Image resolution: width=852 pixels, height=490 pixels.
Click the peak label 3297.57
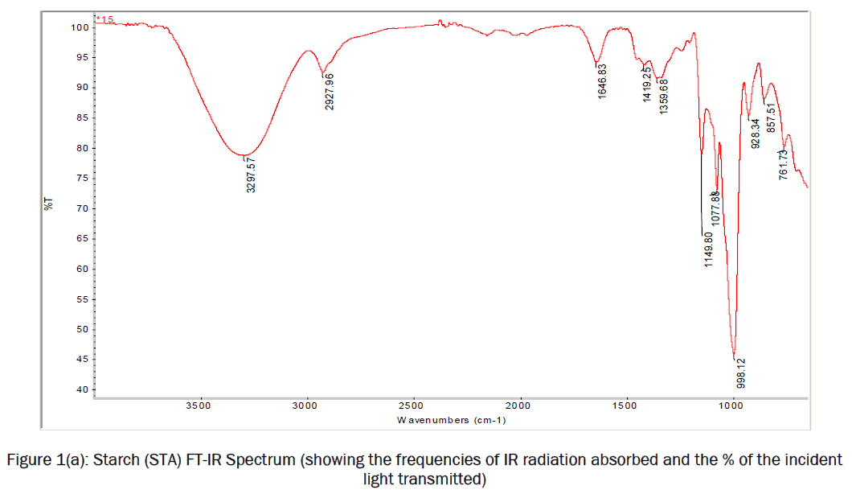pyautogui.click(x=252, y=175)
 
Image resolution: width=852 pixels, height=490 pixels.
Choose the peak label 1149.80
pyautogui.click(x=709, y=249)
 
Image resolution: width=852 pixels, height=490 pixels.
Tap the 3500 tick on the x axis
pyautogui.click(x=199, y=406)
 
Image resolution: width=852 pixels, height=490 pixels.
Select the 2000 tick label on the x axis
pyautogui.click(x=520, y=406)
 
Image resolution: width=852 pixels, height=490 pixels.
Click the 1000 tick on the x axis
pyautogui.click(x=732, y=406)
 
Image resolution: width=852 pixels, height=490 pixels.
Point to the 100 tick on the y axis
pyautogui.click(x=79, y=27)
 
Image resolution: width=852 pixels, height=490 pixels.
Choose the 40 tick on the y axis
pyautogui.click(x=81, y=390)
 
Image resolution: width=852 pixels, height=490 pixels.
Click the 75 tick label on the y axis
pyautogui.click(x=81, y=179)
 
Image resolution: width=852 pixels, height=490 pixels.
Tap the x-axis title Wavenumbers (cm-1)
pyautogui.click(x=452, y=420)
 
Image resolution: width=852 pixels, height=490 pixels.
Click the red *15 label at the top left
pyautogui.click(x=105, y=19)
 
